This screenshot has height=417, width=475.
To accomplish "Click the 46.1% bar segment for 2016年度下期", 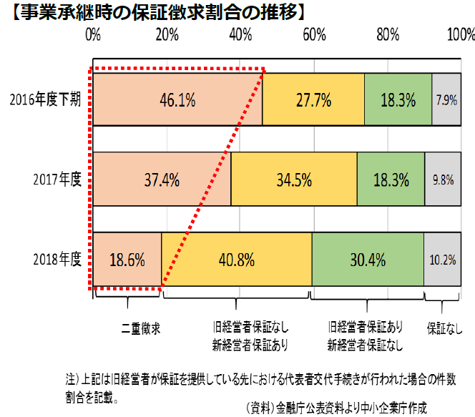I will click(177, 100).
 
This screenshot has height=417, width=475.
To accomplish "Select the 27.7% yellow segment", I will click(313, 100).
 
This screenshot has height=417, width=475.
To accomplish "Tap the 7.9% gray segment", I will click(446, 100).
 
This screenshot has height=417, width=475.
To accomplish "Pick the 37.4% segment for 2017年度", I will click(162, 180).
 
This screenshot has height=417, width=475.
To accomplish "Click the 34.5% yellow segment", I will click(294, 180).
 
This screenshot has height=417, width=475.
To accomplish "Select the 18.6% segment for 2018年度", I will click(127, 260).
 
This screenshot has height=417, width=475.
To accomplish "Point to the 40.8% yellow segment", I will click(237, 260).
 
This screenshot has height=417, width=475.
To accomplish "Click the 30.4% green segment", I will click(368, 260).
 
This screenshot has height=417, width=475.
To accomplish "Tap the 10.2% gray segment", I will click(442, 260).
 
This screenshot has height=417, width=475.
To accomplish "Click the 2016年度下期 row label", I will click(45, 100).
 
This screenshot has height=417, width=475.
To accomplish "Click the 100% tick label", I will click(460, 34).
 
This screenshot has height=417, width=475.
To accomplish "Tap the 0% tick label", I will click(93, 34).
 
